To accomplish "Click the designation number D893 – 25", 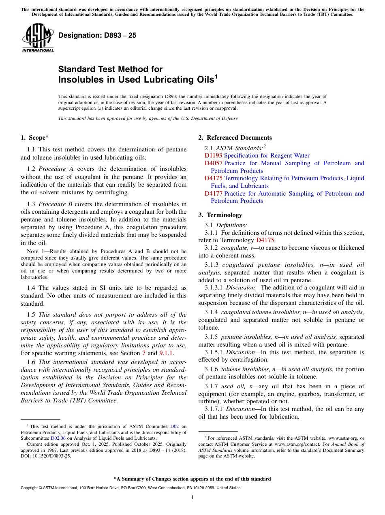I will [x=97, y=35].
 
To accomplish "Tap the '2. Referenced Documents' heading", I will [x=235, y=138].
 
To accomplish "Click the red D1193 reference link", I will [x=213, y=155].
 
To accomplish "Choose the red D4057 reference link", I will [x=213, y=163].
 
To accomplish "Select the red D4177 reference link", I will [x=213, y=194].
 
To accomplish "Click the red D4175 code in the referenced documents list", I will [x=213, y=178].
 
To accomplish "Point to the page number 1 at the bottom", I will [x=192, y=497].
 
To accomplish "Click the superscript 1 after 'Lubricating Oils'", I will [x=216, y=76].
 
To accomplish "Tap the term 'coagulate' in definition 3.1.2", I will [x=233, y=248].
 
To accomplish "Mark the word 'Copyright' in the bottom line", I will [x=31, y=488].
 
